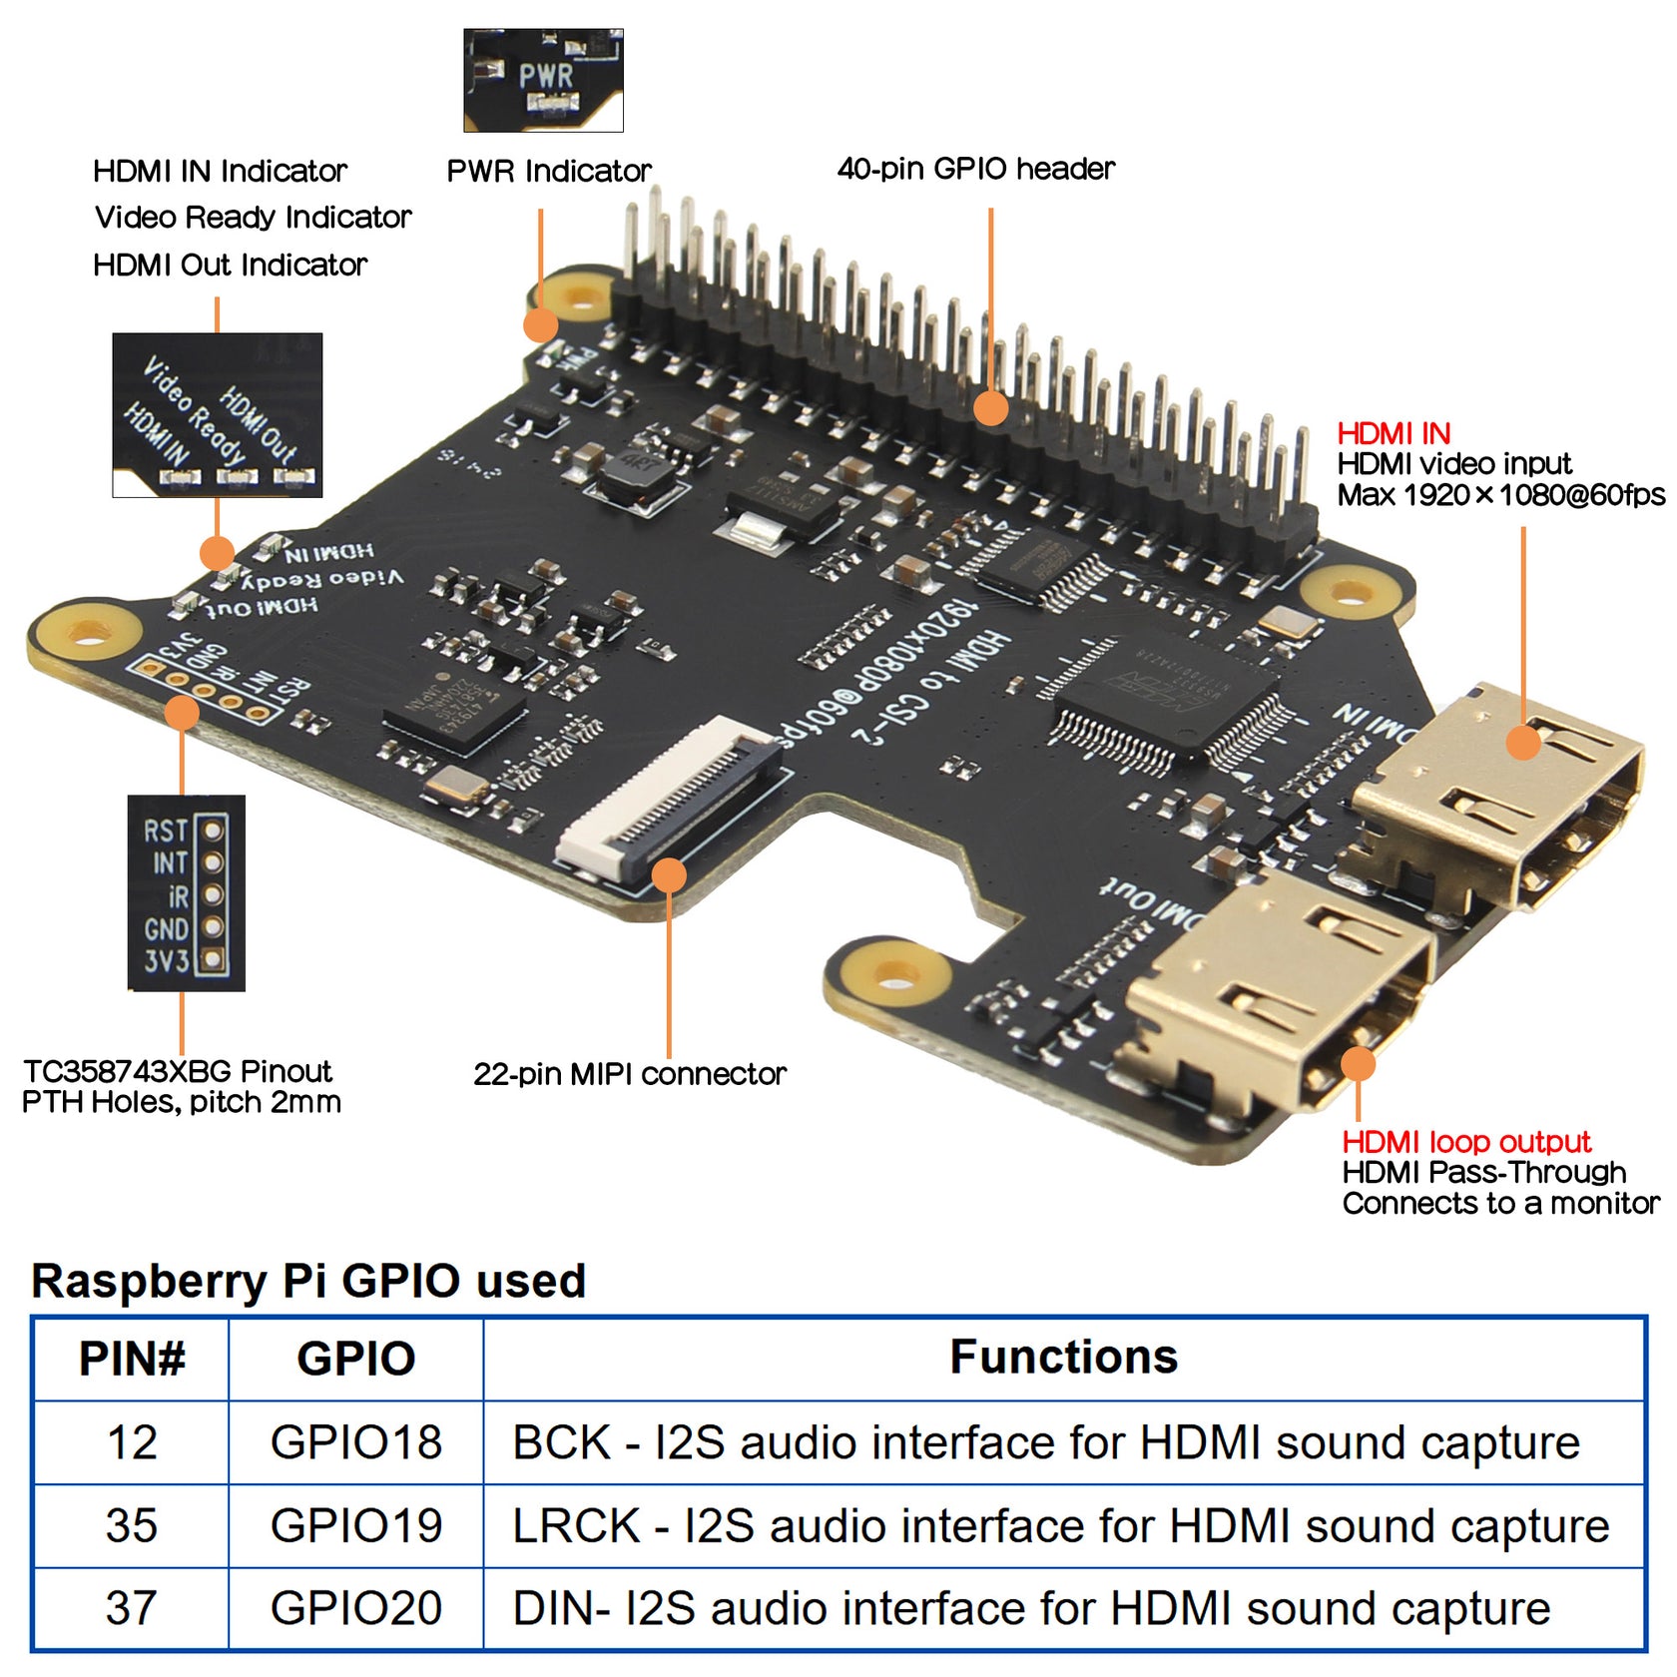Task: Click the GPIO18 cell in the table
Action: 355,1442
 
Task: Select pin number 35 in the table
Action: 131,1525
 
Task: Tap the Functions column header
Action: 1063,1358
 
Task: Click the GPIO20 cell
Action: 355,1608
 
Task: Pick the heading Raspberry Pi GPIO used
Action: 308,1281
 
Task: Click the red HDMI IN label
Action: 1394,433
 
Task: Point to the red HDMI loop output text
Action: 1465,1141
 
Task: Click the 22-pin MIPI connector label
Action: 629,1074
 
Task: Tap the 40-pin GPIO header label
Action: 975,169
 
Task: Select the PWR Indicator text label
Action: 548,171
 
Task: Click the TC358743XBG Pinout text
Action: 178,1071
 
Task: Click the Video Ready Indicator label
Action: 253,217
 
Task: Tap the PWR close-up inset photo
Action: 543,80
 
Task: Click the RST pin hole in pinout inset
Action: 212,830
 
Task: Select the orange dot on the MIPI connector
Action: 669,875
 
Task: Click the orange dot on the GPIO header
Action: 990,407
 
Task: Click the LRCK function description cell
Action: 1060,1525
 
